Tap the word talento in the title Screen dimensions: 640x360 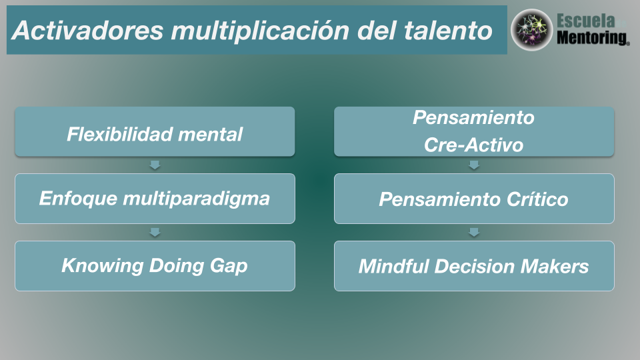448,31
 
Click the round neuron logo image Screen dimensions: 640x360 531,30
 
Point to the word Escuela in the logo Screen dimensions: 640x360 586,21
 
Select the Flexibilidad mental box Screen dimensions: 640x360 155,131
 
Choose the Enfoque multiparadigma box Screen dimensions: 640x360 155,199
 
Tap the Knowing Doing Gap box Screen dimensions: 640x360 155,266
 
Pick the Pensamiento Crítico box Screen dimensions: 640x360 474,199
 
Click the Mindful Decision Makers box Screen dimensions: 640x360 474,266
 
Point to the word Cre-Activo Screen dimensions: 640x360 473,145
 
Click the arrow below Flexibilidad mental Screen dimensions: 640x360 155,165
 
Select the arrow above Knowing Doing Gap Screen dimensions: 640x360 155,232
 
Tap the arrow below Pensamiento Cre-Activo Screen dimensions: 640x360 474,165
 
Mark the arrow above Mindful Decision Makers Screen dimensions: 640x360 474,232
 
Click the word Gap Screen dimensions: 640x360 229,266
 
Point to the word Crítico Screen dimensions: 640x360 537,199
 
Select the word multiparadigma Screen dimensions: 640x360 196,199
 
